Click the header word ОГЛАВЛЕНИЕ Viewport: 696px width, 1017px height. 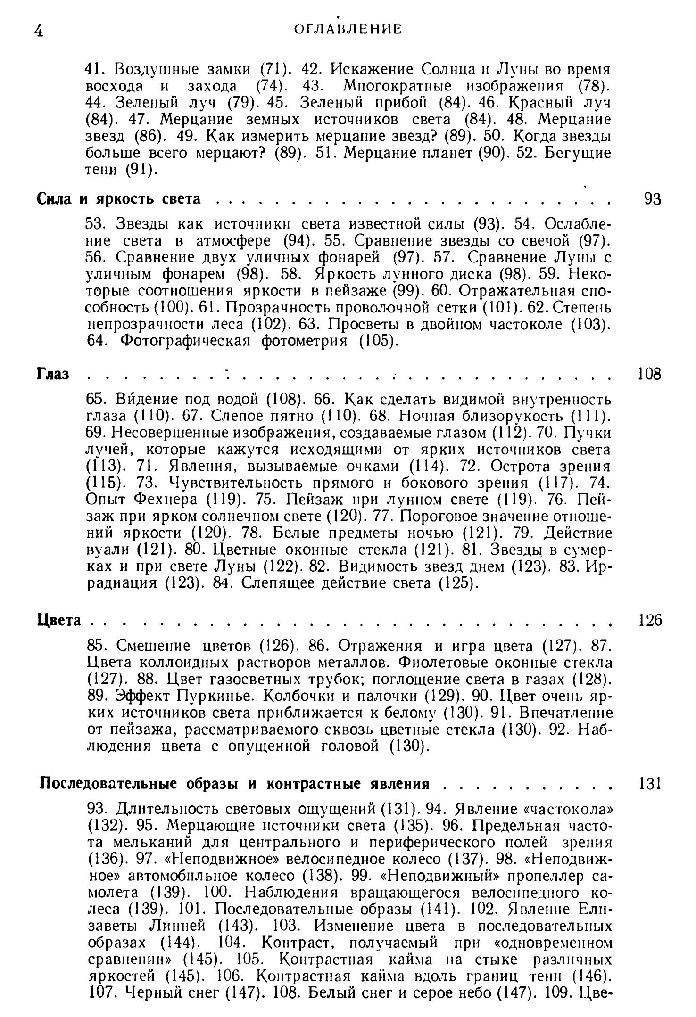348,29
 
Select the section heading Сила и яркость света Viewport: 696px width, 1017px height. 119,199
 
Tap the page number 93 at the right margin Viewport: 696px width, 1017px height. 653,199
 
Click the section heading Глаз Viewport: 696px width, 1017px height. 53,374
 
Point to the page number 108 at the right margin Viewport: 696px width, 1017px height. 649,374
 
